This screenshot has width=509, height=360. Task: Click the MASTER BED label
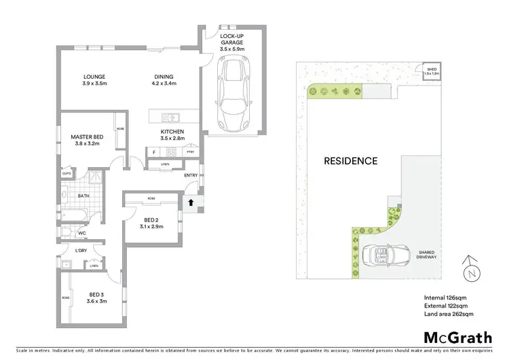pos(86,140)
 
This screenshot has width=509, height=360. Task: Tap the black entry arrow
pos(191,202)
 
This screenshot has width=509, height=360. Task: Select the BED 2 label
pos(151,222)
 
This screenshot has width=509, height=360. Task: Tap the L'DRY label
pos(81,249)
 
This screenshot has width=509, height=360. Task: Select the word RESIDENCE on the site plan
pos(350,161)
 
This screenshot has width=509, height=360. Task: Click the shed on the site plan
pos(432,71)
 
